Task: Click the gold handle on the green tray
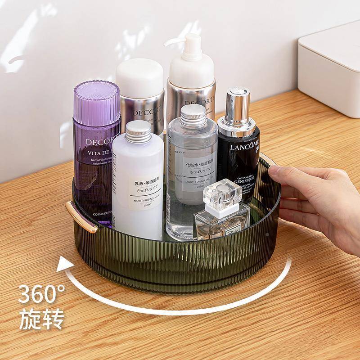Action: click(81, 217)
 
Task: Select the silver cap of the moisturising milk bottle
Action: click(138, 130)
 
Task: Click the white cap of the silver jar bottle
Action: click(139, 77)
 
